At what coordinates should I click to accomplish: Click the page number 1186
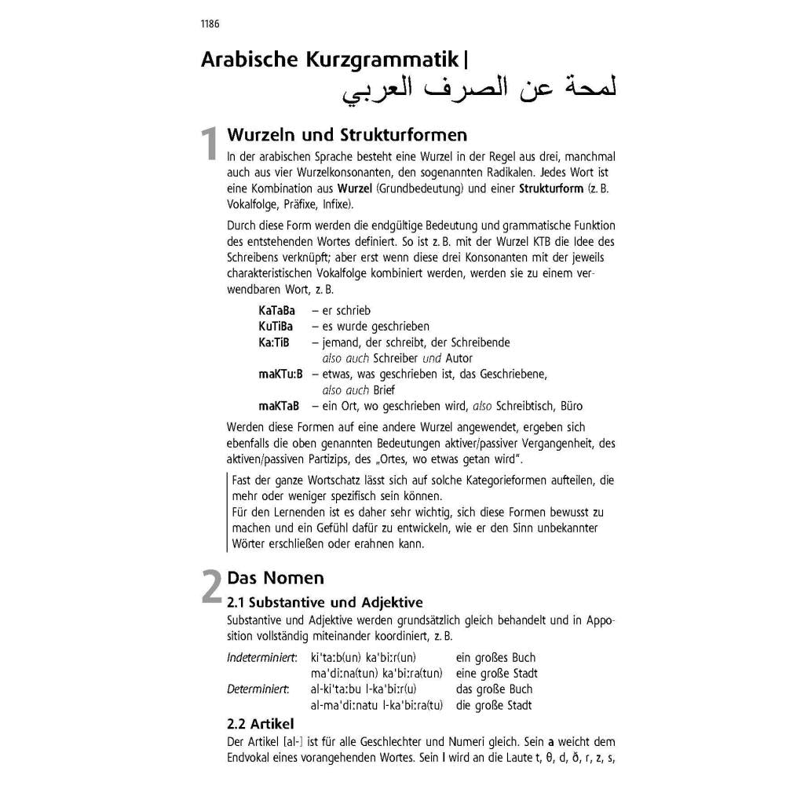click(x=210, y=24)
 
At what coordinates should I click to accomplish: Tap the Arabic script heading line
click(x=479, y=90)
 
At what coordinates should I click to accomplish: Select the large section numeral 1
click(x=208, y=146)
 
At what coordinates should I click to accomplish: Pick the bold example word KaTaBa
click(x=276, y=311)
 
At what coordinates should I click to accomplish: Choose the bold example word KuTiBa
click(x=276, y=327)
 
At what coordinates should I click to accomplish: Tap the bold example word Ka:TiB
click(x=274, y=342)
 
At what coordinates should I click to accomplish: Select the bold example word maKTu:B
click(x=280, y=375)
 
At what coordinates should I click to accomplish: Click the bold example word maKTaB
click(x=279, y=406)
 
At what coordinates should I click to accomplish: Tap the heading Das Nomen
click(x=275, y=579)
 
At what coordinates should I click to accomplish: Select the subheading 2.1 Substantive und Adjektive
click(x=324, y=602)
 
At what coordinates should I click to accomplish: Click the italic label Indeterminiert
click(x=261, y=657)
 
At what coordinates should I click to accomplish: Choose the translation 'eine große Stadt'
click(x=496, y=674)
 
